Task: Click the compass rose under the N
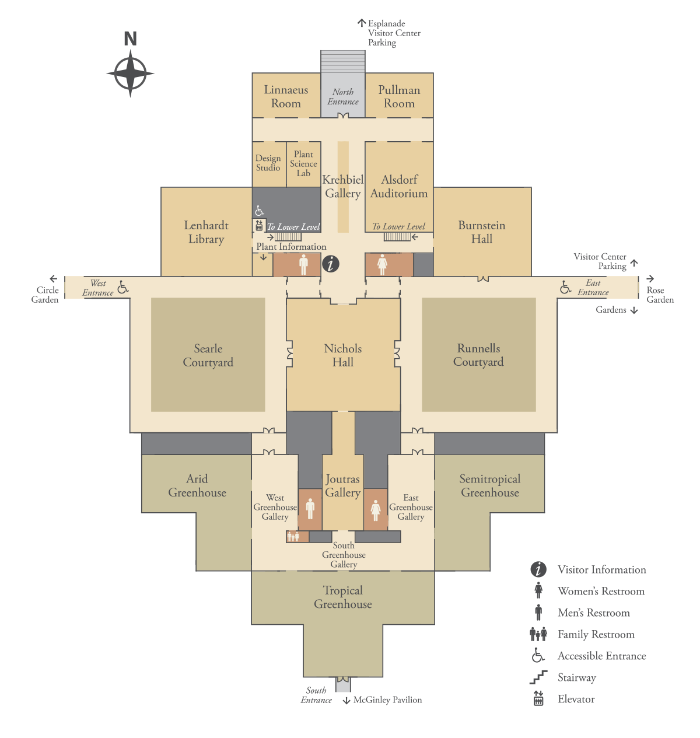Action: [x=130, y=73]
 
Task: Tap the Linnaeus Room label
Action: [x=286, y=96]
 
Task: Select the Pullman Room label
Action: [x=398, y=96]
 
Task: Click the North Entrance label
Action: [x=342, y=96]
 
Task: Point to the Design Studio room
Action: [x=268, y=163]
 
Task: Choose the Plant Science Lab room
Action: [x=303, y=163]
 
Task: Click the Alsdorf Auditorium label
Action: [x=398, y=186]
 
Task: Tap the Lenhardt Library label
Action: [x=206, y=232]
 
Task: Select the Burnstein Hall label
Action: [x=481, y=232]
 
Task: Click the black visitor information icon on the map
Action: [x=330, y=263]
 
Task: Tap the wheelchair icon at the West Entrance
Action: [x=123, y=287]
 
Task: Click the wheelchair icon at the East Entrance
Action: [x=565, y=287]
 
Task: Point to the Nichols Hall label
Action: [x=342, y=355]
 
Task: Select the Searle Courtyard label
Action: [x=208, y=355]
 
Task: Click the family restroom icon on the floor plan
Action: [x=292, y=536]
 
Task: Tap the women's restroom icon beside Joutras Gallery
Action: [x=375, y=509]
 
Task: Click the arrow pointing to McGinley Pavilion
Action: [x=346, y=700]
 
